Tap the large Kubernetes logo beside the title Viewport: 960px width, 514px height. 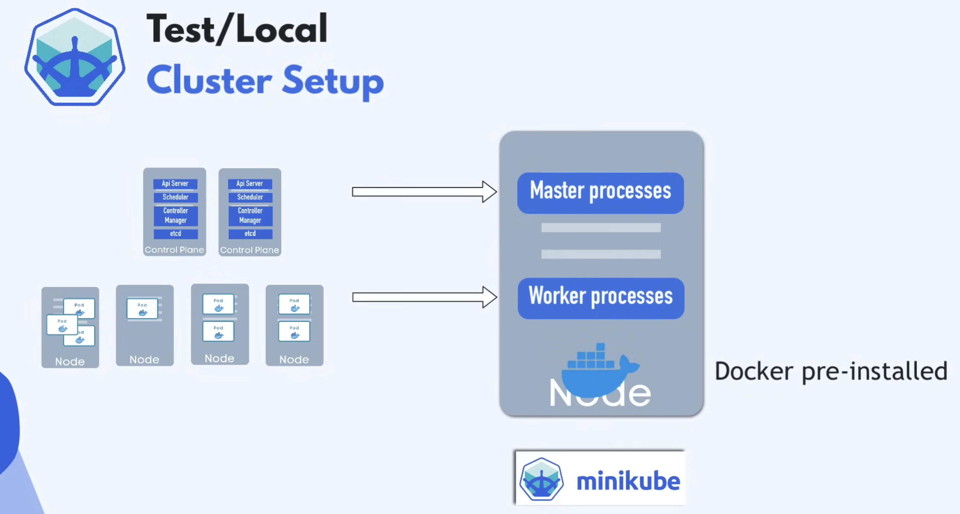pos(75,57)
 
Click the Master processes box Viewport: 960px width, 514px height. pos(600,193)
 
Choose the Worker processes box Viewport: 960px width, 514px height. pos(601,298)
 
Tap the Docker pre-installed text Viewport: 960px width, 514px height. pos(831,371)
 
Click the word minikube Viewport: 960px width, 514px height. pos(628,481)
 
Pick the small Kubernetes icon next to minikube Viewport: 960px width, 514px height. pos(542,479)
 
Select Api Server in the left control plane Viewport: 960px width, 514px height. pos(175,184)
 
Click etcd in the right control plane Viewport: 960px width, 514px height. pos(250,233)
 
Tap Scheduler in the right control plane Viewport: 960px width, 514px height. pos(250,197)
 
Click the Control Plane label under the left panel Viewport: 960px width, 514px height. pos(174,250)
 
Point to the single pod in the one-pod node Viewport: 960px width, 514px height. pos(142,309)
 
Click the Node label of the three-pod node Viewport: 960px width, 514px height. pos(70,361)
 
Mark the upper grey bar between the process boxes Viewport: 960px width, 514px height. pos(601,227)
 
